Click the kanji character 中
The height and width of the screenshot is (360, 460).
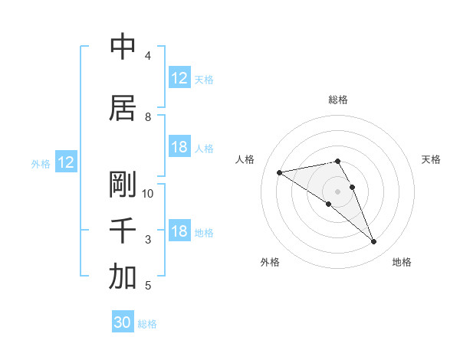[123, 47]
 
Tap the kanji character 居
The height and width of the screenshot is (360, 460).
[123, 109]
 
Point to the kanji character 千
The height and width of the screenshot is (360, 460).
[123, 231]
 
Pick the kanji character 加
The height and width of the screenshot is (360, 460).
[123, 278]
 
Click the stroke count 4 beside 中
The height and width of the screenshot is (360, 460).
[147, 56]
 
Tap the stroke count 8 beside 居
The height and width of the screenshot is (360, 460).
[147, 117]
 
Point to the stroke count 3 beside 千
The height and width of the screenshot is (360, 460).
[147, 240]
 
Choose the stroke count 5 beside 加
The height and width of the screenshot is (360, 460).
[147, 286]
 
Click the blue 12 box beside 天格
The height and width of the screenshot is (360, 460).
[179, 78]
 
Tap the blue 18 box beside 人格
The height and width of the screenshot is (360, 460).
[179, 147]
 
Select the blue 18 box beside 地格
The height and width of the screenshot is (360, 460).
[179, 231]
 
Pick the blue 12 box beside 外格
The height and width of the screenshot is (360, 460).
[66, 162]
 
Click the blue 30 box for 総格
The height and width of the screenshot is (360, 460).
[123, 322]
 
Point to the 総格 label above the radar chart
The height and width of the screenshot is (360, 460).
[338, 100]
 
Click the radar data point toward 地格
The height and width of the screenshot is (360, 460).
[374, 242]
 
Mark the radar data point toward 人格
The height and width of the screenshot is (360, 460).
[280, 172]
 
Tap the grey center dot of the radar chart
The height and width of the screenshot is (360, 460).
[338, 191]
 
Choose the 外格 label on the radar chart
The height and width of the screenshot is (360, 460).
[270, 262]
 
